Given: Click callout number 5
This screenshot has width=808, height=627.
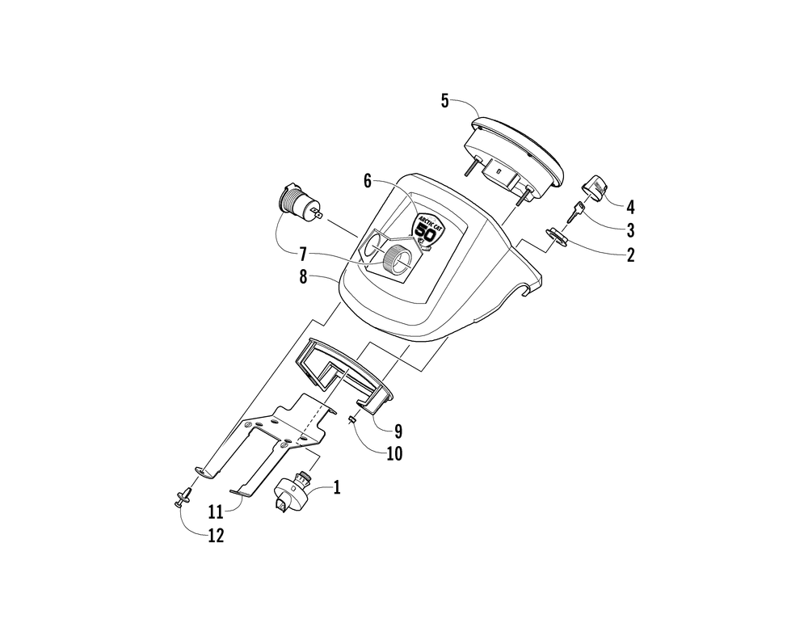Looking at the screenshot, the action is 444,101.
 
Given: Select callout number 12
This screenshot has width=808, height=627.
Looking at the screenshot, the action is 217,536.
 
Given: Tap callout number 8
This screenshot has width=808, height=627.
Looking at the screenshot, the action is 304,277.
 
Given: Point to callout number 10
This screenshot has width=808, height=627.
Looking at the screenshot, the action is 395,453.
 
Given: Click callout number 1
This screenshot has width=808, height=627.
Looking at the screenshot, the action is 337,487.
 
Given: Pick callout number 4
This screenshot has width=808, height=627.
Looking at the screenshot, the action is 630,208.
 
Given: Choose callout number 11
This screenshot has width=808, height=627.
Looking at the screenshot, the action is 216,511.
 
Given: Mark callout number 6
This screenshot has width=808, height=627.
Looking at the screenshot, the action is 368,181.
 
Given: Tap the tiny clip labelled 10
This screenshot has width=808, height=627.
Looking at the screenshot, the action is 352,420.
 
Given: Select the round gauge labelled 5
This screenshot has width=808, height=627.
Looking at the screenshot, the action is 513,157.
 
